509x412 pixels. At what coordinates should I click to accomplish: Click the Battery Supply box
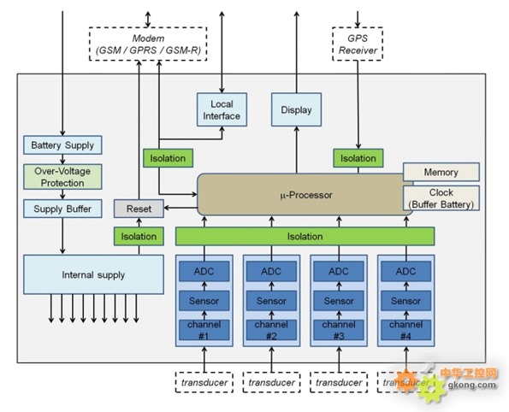[62, 145]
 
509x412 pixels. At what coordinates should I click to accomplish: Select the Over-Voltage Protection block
[62, 177]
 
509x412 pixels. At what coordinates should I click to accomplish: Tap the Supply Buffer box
[62, 209]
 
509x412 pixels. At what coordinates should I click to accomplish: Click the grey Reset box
[139, 209]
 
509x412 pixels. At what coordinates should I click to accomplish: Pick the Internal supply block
[93, 274]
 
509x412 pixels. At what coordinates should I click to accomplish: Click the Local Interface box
[222, 109]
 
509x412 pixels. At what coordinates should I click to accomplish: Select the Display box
[296, 109]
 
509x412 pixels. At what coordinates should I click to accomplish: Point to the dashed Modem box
[148, 44]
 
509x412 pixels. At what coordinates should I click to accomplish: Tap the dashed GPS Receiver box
[358, 44]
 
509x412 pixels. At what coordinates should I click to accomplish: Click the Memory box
[441, 172]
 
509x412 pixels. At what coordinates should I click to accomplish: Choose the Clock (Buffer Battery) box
[441, 198]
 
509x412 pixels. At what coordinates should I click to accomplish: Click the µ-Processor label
[306, 195]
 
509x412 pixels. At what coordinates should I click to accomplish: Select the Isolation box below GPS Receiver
[358, 158]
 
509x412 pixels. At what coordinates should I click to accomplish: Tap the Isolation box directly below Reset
[139, 236]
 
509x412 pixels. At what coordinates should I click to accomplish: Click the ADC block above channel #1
[204, 271]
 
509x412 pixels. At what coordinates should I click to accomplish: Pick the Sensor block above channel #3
[339, 301]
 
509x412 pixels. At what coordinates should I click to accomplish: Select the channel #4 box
[406, 330]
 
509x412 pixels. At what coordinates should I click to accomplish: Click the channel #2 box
[271, 330]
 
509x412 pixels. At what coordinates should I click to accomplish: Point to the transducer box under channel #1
[204, 382]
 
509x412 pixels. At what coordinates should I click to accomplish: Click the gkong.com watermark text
[472, 385]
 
